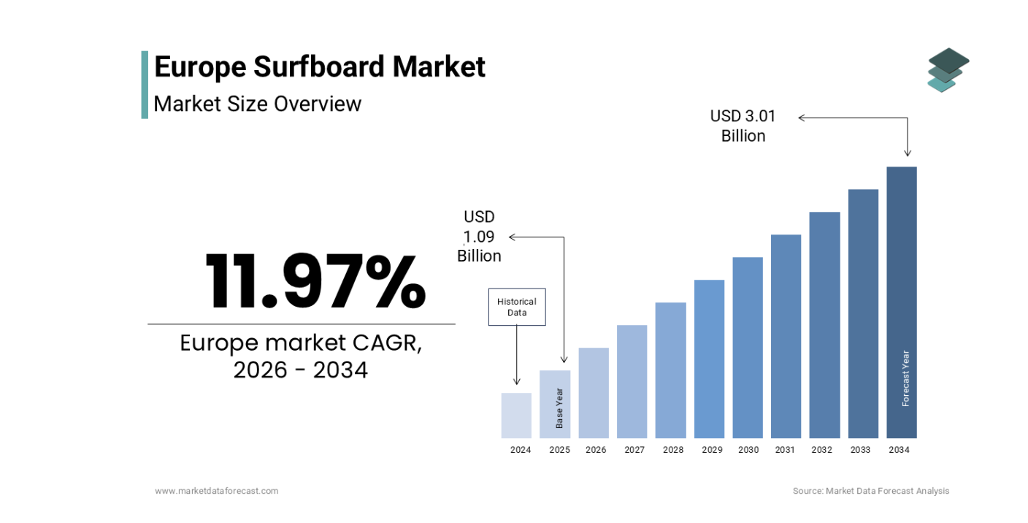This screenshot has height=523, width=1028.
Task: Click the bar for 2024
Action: (516, 416)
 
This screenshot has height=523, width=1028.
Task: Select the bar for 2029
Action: (709, 359)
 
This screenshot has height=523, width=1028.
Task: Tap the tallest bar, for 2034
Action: (902, 292)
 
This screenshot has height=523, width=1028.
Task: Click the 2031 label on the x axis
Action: (785, 450)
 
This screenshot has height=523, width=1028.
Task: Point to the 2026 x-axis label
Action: (596, 450)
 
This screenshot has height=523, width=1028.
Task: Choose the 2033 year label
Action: (860, 450)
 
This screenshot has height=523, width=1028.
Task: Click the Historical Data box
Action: (516, 307)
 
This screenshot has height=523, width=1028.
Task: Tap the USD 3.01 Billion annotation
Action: (743, 126)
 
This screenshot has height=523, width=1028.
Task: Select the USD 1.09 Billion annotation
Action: (480, 236)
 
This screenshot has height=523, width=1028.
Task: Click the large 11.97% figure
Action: (315, 282)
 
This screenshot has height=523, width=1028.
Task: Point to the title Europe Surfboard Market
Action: (319, 66)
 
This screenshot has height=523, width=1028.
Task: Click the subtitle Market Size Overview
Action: (257, 104)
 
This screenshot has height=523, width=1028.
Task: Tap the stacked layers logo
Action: (948, 70)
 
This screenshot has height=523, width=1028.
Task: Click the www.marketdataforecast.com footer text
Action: (216, 491)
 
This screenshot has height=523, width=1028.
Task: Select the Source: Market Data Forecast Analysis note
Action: (871, 491)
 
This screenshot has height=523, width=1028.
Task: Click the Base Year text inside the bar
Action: (559, 408)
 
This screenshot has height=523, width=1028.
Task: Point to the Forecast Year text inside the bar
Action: (905, 378)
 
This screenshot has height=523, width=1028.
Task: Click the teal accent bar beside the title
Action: (145, 84)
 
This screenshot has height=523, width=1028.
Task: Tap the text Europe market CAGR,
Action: (301, 343)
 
